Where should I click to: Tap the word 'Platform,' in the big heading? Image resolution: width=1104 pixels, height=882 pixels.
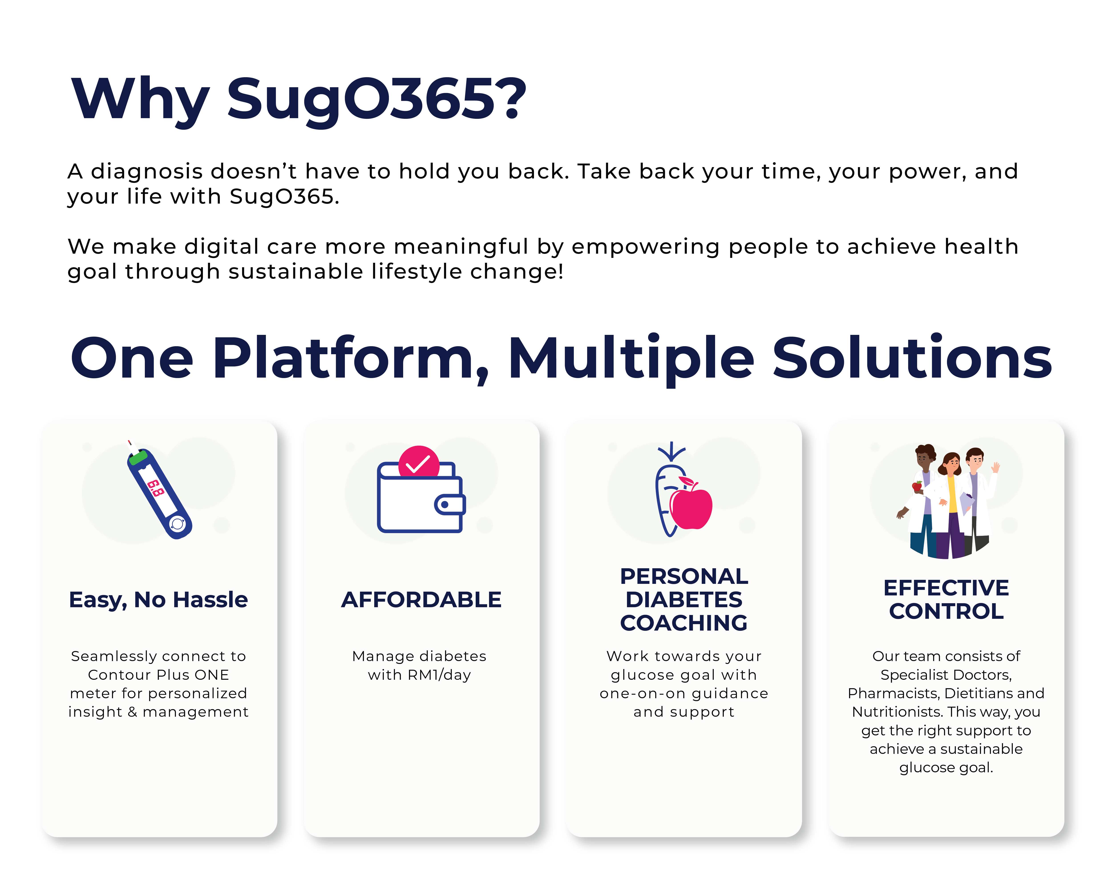(351, 358)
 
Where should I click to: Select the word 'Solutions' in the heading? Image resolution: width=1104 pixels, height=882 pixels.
(912, 358)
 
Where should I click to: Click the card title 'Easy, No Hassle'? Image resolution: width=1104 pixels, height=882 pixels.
(158, 599)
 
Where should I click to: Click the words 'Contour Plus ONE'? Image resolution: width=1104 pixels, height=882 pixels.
(158, 675)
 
